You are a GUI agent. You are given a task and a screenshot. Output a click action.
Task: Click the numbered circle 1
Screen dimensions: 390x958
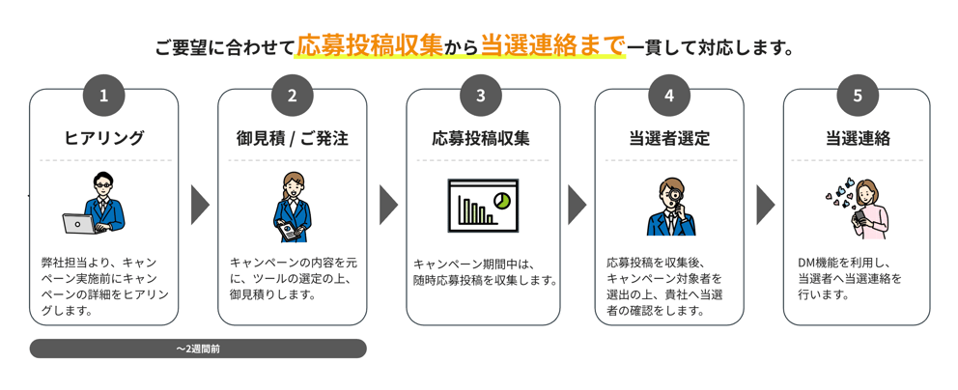(104, 95)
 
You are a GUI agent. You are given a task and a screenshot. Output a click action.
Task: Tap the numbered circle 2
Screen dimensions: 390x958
(292, 95)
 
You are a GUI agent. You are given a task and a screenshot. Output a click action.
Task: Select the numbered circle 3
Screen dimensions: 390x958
(481, 95)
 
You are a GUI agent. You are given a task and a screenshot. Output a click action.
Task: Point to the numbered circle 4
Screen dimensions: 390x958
(669, 95)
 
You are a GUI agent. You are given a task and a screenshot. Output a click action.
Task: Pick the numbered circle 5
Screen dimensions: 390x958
(858, 95)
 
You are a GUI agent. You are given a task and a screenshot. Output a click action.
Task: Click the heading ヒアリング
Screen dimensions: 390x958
(104, 138)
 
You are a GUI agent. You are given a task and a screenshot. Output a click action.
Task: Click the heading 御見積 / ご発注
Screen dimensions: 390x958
(292, 138)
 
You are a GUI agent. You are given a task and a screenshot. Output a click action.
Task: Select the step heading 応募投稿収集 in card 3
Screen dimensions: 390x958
(481, 138)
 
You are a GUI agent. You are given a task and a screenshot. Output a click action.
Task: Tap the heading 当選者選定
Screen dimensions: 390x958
(669, 138)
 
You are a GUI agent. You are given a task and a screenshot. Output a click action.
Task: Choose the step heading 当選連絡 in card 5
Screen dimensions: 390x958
(858, 138)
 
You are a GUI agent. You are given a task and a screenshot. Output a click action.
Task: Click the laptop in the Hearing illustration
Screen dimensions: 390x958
(79, 223)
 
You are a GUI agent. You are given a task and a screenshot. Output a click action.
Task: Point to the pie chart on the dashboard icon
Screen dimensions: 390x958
(501, 200)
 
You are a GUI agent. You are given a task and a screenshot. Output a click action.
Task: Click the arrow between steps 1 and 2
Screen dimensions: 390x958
(200, 204)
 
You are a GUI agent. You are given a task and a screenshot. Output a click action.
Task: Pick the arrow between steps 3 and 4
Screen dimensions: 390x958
(577, 204)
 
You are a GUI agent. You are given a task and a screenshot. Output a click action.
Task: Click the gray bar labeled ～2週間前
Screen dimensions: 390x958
(198, 348)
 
